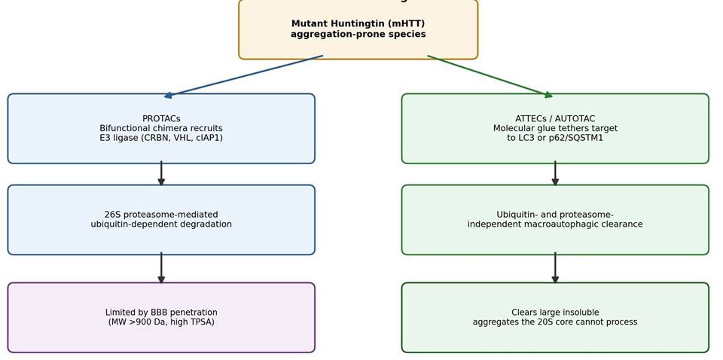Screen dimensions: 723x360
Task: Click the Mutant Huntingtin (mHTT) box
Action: click(x=358, y=29)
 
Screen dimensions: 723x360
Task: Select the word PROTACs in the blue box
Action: click(x=161, y=119)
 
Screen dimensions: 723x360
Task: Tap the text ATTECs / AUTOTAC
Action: click(x=555, y=119)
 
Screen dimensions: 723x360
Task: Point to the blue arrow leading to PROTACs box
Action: click(x=243, y=76)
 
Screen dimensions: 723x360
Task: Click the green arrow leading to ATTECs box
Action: click(x=490, y=77)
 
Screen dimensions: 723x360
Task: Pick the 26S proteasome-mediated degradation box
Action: click(x=161, y=220)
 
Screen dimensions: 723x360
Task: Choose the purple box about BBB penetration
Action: click(x=161, y=318)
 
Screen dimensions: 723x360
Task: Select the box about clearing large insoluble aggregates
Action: click(x=555, y=318)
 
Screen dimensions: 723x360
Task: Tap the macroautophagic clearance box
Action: click(x=555, y=220)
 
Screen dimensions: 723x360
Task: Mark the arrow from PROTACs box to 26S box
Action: click(x=161, y=173)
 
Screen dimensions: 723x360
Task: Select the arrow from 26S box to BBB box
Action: click(x=161, y=268)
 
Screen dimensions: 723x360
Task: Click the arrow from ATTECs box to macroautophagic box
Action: click(x=555, y=173)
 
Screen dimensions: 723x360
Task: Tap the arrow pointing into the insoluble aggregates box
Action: click(x=555, y=268)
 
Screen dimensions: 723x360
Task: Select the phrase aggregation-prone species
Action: click(x=358, y=35)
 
